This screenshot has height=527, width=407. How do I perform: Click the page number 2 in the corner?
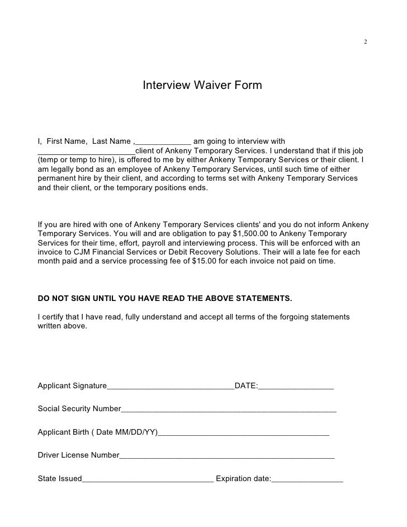pos(365,42)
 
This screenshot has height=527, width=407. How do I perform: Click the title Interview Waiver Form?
pos(202,86)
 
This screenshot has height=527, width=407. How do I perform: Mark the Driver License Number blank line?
pos(227,457)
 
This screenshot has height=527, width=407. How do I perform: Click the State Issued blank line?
pos(148,480)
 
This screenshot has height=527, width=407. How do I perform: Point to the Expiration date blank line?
pos(307,480)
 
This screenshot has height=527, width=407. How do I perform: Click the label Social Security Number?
pos(79,408)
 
